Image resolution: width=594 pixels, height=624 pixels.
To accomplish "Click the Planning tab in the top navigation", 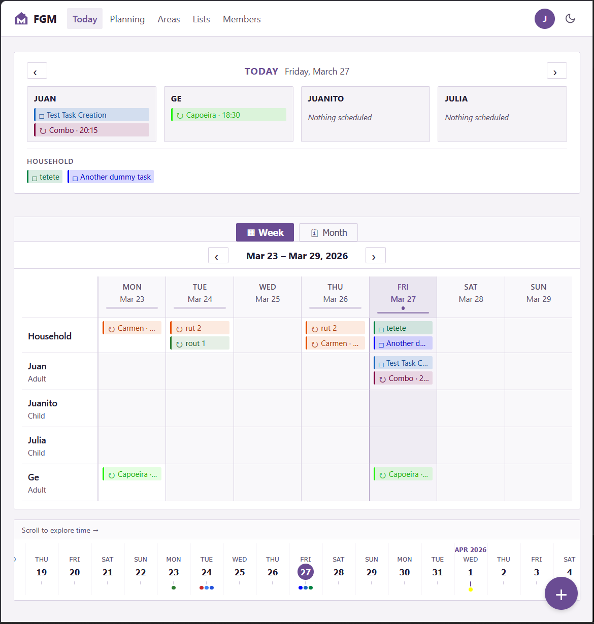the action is (127, 19).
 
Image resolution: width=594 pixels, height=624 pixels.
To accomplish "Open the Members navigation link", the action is (242, 19).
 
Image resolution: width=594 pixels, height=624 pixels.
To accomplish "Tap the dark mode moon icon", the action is (570, 19).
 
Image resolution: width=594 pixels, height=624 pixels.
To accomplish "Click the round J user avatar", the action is (544, 19).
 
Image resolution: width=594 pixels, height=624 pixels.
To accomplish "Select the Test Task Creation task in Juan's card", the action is (91, 115).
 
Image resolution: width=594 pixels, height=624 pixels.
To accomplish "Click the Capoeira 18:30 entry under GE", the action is (228, 115).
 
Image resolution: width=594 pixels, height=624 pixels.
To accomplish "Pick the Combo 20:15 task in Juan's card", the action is (91, 130).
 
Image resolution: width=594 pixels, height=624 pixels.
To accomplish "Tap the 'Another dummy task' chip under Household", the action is (111, 177).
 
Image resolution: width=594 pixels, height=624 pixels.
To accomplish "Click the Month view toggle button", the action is (328, 233).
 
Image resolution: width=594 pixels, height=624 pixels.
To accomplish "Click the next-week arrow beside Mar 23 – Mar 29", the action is (376, 256).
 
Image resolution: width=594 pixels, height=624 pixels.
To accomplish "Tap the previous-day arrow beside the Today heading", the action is (37, 71).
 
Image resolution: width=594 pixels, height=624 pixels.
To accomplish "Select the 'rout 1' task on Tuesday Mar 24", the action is (200, 343).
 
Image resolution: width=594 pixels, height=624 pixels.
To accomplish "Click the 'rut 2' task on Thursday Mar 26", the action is (335, 328).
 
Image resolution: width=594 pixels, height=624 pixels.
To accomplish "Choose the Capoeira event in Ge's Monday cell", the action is (132, 474).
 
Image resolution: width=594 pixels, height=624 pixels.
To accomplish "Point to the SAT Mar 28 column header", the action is (471, 293).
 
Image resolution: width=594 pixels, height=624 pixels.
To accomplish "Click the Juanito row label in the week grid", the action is (43, 403).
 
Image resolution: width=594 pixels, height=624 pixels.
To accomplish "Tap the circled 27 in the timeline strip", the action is (306, 572).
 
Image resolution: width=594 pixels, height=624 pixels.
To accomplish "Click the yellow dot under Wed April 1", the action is (471, 590).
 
